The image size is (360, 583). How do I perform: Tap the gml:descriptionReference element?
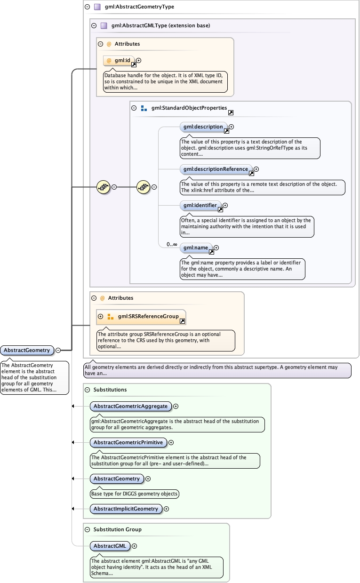pos(216,169)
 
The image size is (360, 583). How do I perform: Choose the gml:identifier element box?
pos(200,206)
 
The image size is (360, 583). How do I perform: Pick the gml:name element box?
pos(196,248)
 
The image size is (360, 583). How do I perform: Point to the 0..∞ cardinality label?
pos(171,245)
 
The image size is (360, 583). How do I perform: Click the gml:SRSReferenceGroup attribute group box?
pos(141,317)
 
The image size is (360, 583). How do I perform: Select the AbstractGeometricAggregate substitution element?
pos(130,406)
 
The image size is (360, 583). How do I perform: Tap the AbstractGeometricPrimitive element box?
pos(128,442)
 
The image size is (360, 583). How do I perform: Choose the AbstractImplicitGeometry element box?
pos(126,509)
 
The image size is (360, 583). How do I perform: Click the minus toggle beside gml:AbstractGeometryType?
pos(87,7)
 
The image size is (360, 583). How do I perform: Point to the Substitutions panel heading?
pos(110,390)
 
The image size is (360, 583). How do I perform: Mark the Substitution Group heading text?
pos(117,529)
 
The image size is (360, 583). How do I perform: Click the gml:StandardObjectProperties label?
pos(189,108)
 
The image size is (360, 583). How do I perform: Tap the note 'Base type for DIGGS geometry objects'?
pos(134,494)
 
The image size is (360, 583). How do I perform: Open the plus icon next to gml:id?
pos(139,60)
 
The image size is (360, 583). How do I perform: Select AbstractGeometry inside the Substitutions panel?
pos(117,479)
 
